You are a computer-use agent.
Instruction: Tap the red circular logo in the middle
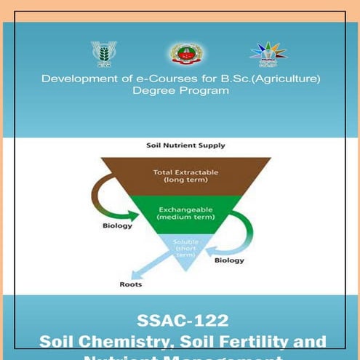[x=187, y=54]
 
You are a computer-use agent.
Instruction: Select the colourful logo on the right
[x=268, y=53]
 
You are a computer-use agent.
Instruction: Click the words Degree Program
[x=180, y=91]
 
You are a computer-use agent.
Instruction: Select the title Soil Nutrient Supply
[x=185, y=145]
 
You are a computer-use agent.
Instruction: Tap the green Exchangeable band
[x=185, y=214]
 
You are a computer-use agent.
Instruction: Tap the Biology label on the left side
[x=117, y=225]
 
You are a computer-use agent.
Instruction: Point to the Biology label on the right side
[x=229, y=260]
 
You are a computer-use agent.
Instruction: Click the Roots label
[x=131, y=284]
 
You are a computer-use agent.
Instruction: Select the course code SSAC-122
[x=182, y=321]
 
